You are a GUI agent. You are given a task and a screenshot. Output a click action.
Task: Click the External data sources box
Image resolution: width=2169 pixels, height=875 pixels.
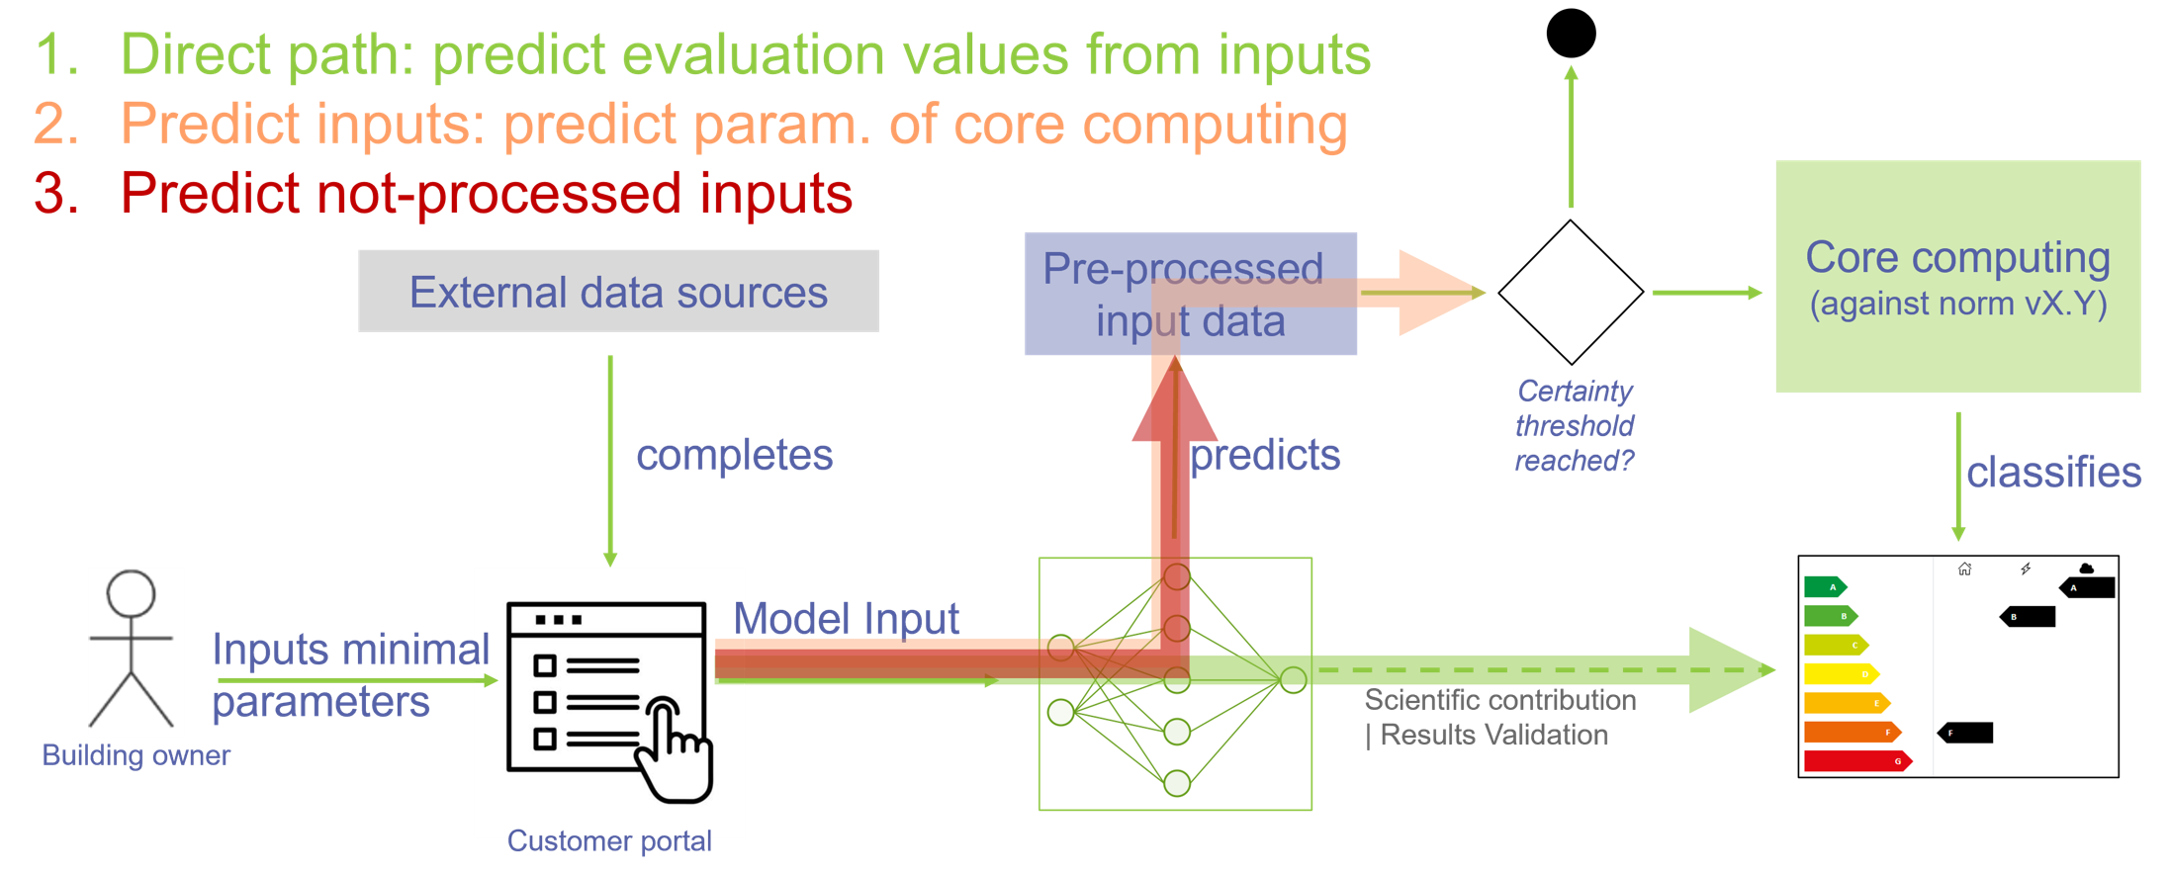pyautogui.click(x=618, y=291)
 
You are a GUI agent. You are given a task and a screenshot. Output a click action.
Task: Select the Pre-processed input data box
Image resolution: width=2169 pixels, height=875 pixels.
pyautogui.click(x=1190, y=294)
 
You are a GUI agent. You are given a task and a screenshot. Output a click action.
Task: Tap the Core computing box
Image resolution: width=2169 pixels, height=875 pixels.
pyautogui.click(x=1957, y=277)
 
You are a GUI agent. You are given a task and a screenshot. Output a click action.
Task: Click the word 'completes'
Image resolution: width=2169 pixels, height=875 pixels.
pyautogui.click(x=734, y=456)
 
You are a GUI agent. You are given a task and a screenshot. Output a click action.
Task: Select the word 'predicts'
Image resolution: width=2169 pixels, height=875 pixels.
pyautogui.click(x=1265, y=456)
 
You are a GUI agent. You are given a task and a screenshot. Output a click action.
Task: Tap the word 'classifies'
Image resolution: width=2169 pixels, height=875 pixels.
pyautogui.click(x=2053, y=473)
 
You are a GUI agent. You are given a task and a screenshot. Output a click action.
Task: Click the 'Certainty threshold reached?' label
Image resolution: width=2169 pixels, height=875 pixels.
pyautogui.click(x=1575, y=426)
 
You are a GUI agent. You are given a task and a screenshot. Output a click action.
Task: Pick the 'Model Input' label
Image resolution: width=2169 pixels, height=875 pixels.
pyautogui.click(x=847, y=620)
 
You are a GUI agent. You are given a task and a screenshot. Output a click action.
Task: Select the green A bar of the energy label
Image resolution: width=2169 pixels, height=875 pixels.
pyautogui.click(x=1825, y=587)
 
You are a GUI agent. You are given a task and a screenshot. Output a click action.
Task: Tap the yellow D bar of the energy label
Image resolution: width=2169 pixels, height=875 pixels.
pyautogui.click(x=1841, y=674)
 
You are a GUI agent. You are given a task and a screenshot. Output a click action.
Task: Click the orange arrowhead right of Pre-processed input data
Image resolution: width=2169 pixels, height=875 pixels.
pyautogui.click(x=1439, y=293)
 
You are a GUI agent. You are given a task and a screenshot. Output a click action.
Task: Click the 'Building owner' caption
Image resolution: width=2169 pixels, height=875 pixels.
pyautogui.click(x=136, y=755)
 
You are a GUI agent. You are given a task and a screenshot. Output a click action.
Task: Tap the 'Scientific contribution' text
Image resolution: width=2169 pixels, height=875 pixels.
pyautogui.click(x=1499, y=700)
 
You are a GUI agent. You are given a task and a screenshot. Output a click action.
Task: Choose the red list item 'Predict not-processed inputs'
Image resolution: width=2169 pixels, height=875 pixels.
pyautogui.click(x=486, y=193)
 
